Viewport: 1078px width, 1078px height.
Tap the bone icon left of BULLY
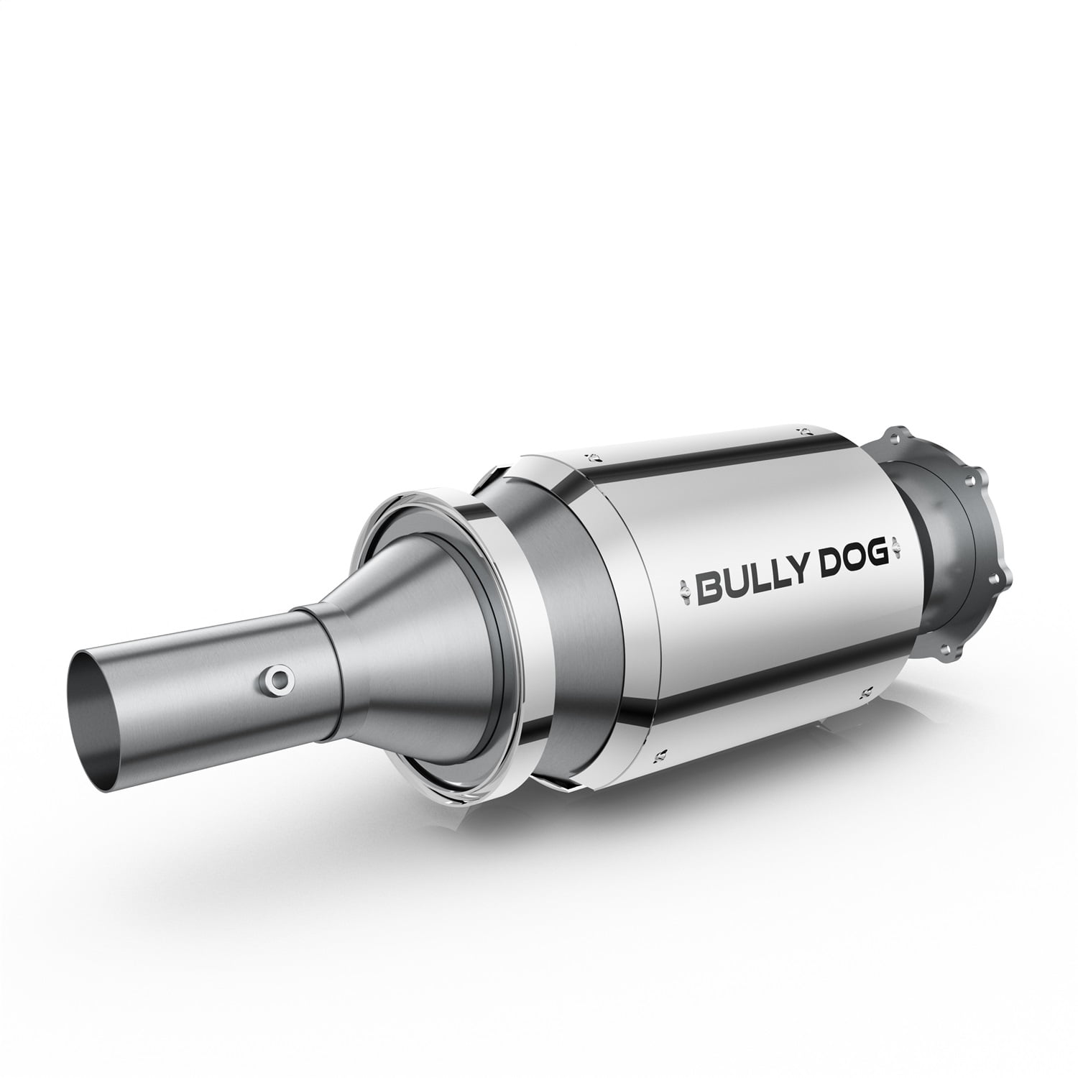(680, 579)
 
